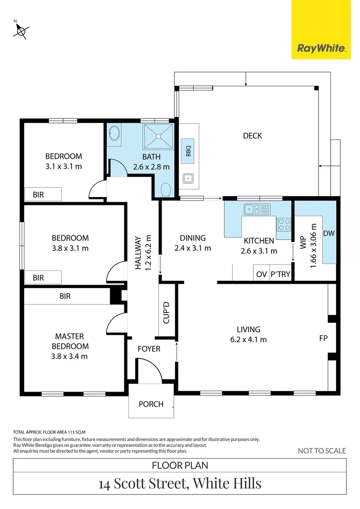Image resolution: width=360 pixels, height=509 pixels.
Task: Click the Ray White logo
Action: pos(321,48)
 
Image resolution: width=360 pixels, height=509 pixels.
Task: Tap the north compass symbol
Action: pos(20,30)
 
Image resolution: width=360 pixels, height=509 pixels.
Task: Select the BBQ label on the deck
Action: pos(188,151)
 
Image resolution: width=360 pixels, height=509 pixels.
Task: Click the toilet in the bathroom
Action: pos(165,190)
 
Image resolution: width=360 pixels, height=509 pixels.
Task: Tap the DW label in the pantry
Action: pos(328,233)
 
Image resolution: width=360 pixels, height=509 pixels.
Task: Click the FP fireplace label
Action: pos(323,338)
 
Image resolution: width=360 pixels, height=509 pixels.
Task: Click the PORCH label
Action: pos(151,404)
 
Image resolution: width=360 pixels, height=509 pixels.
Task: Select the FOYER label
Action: pos(149,349)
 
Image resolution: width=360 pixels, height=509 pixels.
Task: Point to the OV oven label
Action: pos(261,275)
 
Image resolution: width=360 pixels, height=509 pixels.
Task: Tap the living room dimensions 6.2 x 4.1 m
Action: pos(248,339)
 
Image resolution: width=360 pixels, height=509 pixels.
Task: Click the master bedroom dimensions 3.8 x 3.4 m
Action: pos(70,356)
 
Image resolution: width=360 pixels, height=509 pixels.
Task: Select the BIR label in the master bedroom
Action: pos(65,296)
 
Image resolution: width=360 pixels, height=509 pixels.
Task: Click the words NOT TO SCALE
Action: pos(322,451)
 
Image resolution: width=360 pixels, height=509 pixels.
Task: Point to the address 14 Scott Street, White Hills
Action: pos(180,483)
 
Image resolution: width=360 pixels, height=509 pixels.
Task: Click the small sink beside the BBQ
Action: pos(188,178)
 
